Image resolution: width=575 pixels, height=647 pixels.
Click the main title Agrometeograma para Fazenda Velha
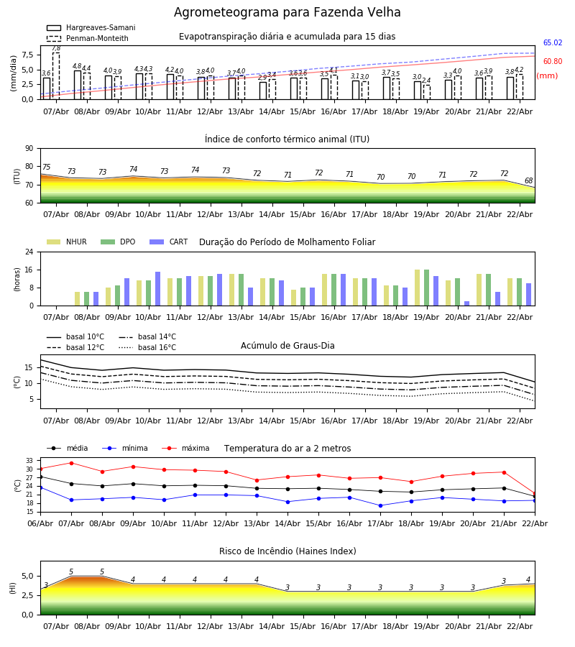click(x=287, y=13)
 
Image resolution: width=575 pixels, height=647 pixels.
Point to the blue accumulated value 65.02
click(x=553, y=43)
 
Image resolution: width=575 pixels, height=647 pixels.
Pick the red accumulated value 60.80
click(x=553, y=62)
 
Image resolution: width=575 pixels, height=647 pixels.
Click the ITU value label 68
click(x=529, y=181)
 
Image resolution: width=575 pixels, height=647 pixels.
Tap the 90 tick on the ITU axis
click(x=29, y=149)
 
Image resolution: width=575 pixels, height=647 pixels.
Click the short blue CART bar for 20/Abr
click(x=466, y=303)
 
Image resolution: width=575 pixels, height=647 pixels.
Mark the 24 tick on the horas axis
click(x=29, y=252)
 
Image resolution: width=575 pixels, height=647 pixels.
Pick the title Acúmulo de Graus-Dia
click(x=287, y=346)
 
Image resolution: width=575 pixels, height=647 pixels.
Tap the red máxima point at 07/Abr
click(x=71, y=463)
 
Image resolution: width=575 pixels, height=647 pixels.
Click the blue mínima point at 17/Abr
click(x=380, y=505)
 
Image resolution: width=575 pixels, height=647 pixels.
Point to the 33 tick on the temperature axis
click(x=29, y=461)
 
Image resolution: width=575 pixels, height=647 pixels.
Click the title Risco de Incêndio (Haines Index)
click(x=287, y=551)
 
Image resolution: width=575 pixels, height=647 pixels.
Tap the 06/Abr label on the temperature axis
click(x=40, y=523)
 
